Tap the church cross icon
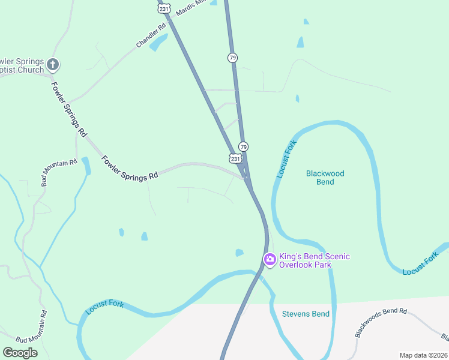(53, 64)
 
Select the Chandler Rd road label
(150, 36)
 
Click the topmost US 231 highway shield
(164, 8)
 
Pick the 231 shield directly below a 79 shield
(235, 158)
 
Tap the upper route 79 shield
(233, 58)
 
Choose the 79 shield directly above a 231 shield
(243, 146)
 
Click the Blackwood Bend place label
(325, 178)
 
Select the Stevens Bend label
(306, 314)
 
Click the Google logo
(20, 353)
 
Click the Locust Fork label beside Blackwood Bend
(287, 159)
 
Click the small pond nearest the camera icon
(240, 253)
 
